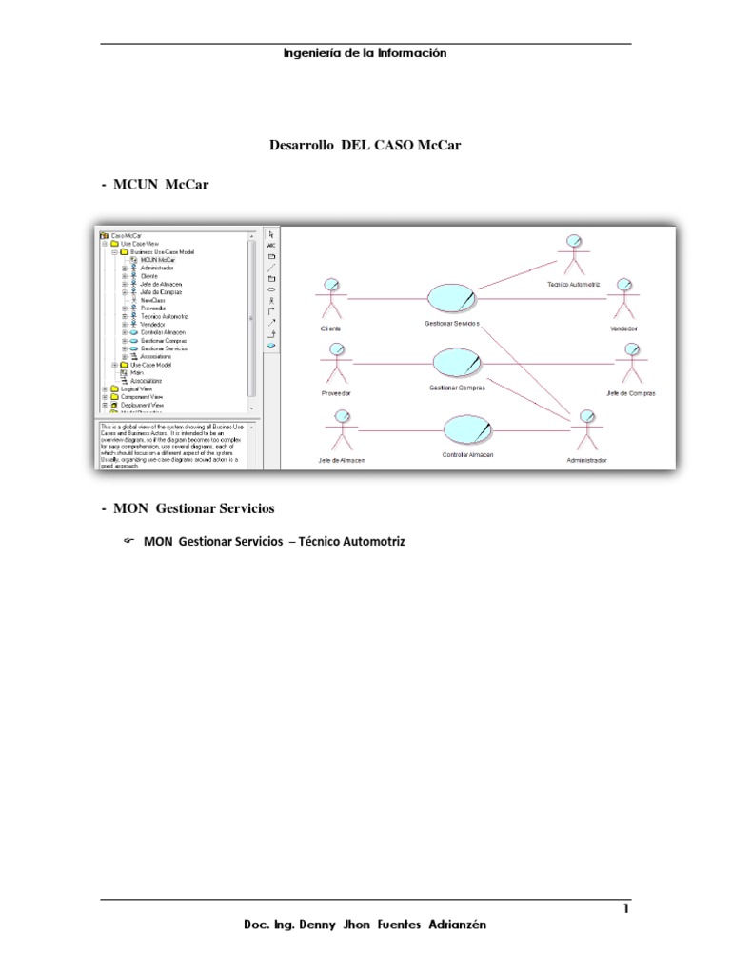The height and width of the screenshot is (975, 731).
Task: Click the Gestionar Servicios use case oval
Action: (x=452, y=298)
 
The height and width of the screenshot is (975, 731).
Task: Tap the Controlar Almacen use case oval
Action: (x=465, y=431)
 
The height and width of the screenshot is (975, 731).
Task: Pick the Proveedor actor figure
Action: (x=336, y=365)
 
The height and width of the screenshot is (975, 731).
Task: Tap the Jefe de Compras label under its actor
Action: (x=630, y=393)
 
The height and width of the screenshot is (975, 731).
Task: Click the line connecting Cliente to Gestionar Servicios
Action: (x=385, y=298)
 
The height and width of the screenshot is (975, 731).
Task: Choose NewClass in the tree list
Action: (x=152, y=300)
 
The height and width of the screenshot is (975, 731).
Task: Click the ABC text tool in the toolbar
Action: (x=271, y=246)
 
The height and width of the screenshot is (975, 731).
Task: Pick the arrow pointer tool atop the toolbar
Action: (x=271, y=234)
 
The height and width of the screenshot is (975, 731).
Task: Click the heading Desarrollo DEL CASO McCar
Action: (x=365, y=146)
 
